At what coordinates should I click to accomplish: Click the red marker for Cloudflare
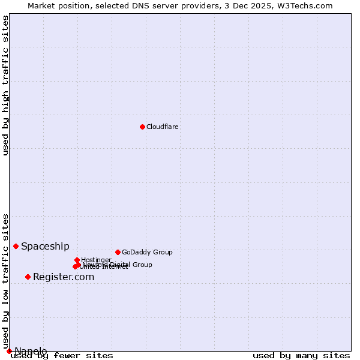click(142, 127)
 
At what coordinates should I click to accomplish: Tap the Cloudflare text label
click(163, 127)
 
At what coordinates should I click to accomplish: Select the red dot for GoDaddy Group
click(118, 252)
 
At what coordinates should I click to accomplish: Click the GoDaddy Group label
click(147, 252)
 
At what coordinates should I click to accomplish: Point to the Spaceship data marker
click(16, 246)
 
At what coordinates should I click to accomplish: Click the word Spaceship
click(45, 246)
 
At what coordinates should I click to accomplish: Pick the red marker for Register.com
click(28, 277)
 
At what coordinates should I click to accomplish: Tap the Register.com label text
click(64, 277)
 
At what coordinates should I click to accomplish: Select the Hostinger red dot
click(77, 260)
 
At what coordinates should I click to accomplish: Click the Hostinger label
click(96, 260)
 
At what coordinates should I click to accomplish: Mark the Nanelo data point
click(9, 351)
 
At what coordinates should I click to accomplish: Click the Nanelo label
click(31, 351)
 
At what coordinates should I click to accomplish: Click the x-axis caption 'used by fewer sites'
click(62, 356)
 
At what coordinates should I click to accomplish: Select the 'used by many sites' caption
click(301, 356)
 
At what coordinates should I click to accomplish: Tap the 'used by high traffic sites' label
click(5, 85)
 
